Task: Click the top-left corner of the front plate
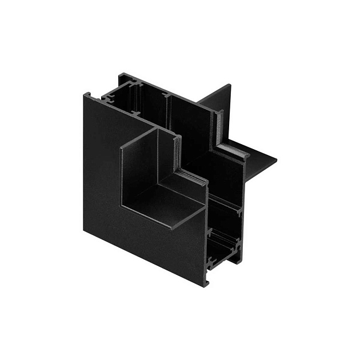click(x=84, y=95)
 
